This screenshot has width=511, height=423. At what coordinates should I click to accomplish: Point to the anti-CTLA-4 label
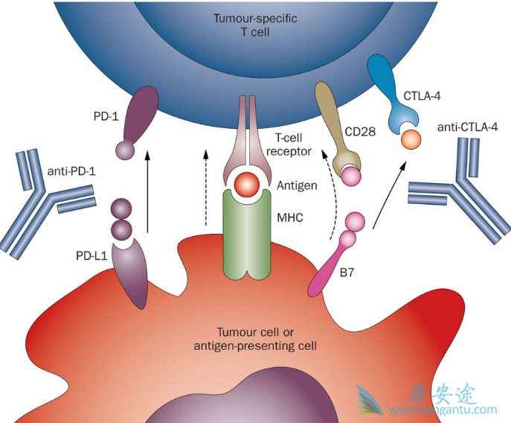[467, 127]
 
